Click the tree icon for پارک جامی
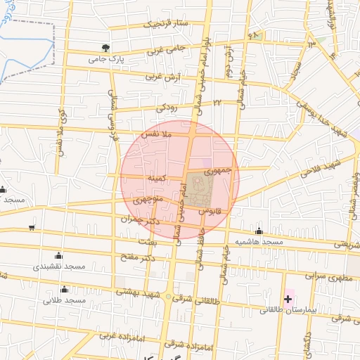(x=105, y=48)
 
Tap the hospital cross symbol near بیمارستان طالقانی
(x=288, y=300)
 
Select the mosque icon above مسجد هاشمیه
(x=259, y=231)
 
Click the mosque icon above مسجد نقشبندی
(x=58, y=256)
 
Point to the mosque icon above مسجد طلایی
(x=65, y=290)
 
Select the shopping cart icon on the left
(x=32, y=227)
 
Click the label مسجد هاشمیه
(x=259, y=242)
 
